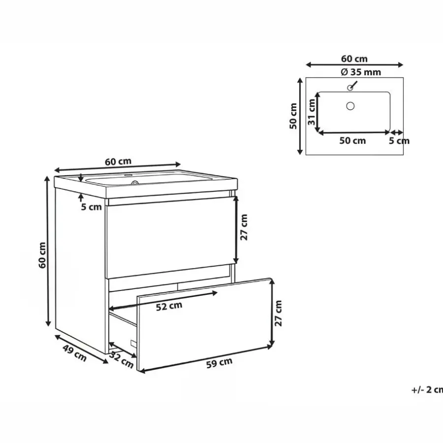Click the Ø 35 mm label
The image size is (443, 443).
[361, 72]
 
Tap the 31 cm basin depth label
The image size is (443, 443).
[312, 112]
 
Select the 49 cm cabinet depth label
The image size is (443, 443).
[75, 353]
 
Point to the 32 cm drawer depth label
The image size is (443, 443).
[122, 360]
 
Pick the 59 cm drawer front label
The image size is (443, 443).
[219, 363]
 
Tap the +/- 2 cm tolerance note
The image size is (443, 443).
[427, 390]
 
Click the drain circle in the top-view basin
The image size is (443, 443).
[350, 106]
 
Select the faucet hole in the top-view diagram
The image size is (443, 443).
[350, 88]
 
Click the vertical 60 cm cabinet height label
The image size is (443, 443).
[42, 255]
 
